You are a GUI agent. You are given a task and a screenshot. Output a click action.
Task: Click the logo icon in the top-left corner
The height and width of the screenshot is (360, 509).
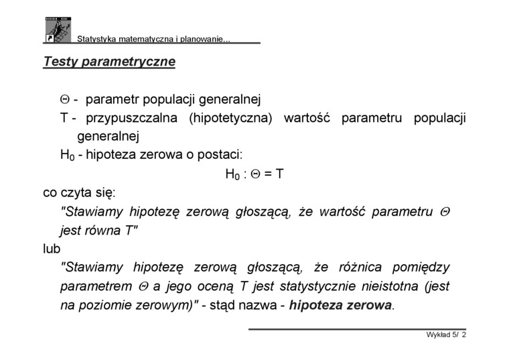58,30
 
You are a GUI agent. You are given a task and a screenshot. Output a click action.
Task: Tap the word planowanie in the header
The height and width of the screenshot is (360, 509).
203,40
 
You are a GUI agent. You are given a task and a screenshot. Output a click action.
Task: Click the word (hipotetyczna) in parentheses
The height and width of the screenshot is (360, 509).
230,119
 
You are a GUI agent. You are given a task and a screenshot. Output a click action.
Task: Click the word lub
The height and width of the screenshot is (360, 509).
52,249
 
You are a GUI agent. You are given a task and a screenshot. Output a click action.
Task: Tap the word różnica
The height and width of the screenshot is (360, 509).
360,267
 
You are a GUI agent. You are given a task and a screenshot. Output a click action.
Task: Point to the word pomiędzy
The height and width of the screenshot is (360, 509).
421,267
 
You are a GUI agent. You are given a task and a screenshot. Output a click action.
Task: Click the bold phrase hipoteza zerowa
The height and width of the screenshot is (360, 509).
340,305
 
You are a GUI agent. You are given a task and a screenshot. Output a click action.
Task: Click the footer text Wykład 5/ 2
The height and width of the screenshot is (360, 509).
446,335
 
